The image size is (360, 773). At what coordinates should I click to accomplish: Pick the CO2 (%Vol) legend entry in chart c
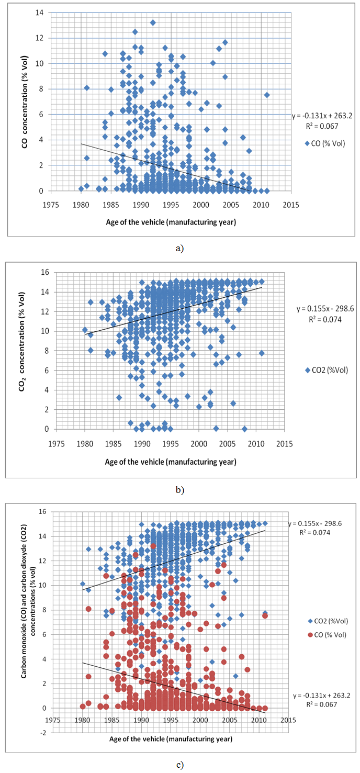point(330,621)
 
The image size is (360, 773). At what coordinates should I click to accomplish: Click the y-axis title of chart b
point(25,350)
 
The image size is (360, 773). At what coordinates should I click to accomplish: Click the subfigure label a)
point(180,248)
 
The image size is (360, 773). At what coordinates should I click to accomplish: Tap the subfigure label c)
point(180,766)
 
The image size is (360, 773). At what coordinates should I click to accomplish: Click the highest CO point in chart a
point(153,23)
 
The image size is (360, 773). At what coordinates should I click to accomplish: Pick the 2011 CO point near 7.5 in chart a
point(267,95)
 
